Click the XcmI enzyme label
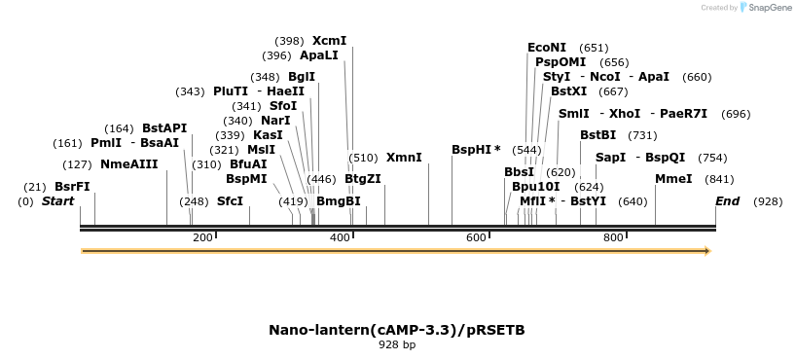point(329,41)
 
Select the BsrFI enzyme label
point(72,187)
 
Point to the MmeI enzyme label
point(673,179)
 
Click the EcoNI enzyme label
point(546,48)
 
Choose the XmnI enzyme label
point(404,158)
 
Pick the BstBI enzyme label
point(598,135)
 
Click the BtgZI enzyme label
point(362,179)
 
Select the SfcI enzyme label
point(230,201)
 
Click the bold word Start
point(57,201)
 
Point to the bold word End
point(727,201)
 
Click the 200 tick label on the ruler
point(202,237)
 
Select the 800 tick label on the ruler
point(613,237)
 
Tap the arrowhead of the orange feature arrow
point(706,251)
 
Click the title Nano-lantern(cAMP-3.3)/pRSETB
point(397,330)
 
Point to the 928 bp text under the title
point(397,344)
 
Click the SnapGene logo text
point(770,8)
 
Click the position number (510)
point(363,158)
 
